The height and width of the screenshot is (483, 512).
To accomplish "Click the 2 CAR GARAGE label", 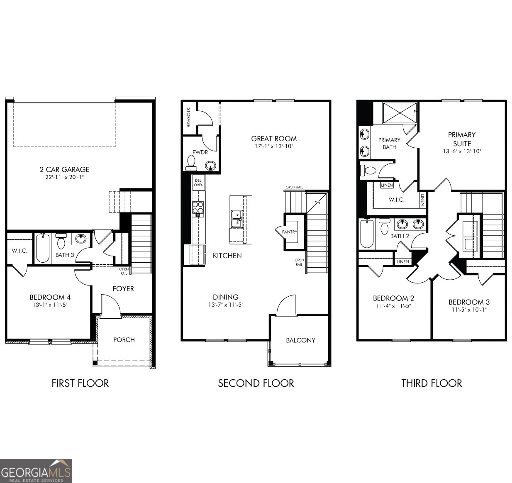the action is coord(64,169).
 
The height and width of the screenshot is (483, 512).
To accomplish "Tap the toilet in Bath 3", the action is coord(61,241).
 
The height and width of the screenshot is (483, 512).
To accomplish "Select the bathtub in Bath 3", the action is coord(43,248).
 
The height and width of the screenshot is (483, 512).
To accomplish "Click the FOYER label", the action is coord(123,288).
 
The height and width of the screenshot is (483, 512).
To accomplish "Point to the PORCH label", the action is coord(124,339).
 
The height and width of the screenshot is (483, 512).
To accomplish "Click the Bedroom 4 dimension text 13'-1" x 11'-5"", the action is coord(50,305).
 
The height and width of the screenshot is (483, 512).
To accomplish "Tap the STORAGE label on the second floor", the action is coord(188,117).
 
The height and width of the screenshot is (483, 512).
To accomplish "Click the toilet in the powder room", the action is coord(191,163).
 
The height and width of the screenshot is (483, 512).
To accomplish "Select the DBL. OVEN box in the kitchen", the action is coord(199,183).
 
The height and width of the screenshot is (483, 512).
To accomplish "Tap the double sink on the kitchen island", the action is coord(236,219).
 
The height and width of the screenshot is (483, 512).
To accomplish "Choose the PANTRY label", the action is coord(290,232).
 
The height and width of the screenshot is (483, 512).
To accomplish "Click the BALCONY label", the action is coord(300,340).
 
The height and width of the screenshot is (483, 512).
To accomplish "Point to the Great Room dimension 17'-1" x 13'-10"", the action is coord(273,146).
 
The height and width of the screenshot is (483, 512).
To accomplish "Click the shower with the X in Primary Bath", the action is coord(400,113).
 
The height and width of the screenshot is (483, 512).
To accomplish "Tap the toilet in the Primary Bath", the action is coord(368,170).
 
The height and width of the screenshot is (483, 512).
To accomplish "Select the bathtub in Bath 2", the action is coord(367,233).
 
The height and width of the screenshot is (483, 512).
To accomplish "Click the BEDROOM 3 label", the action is coord(469,302).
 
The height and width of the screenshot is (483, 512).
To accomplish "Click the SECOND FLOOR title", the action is coord(256,383).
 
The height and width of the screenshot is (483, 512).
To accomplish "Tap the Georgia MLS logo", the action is coord(36,471).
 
